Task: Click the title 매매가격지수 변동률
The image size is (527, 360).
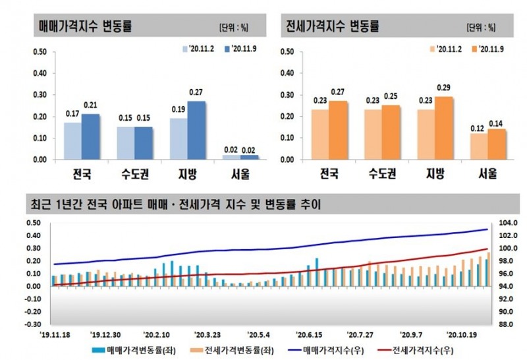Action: (86, 27)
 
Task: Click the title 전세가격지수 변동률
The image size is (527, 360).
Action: (333, 27)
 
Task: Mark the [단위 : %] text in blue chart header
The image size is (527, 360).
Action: (233, 28)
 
